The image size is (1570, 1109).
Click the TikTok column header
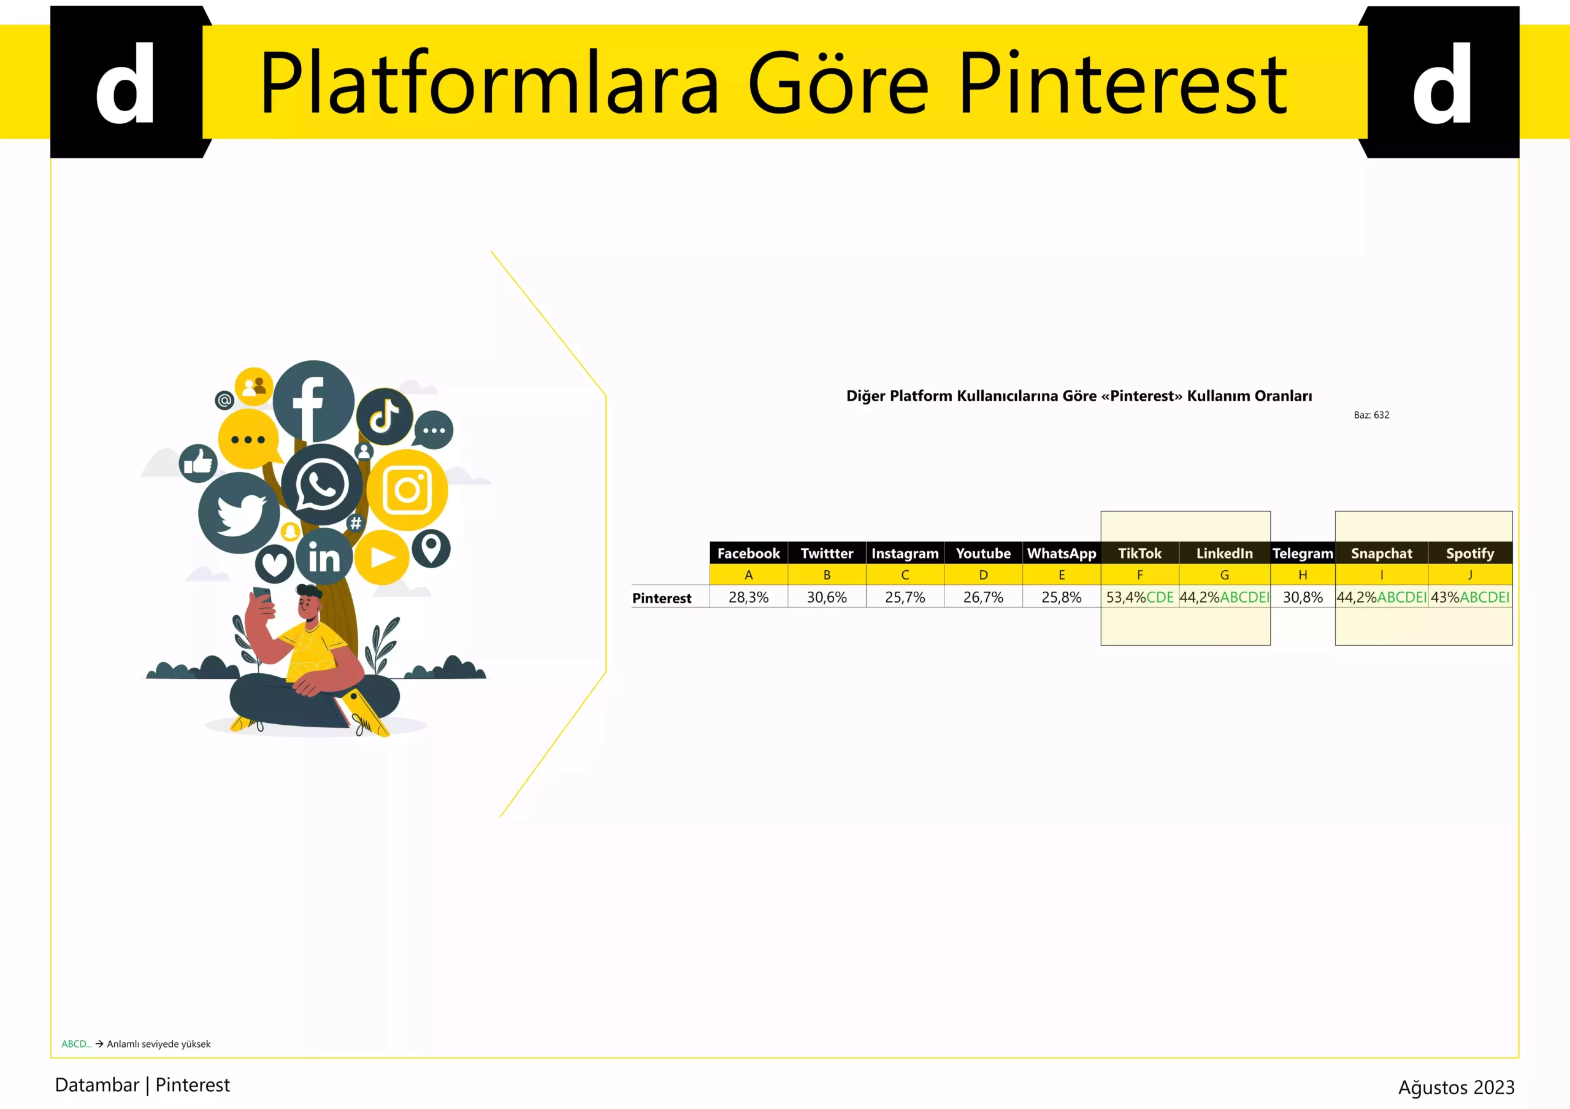coord(1139,553)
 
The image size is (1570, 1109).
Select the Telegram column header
coord(1303,553)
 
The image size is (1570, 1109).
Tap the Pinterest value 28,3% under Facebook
coord(748,597)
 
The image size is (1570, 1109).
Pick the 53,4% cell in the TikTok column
coord(1140,597)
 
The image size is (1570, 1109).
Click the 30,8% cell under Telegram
coord(1303,597)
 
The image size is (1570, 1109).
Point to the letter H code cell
coord(1303,574)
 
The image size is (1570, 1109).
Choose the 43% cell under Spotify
coord(1470,597)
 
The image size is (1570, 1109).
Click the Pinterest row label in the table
coord(661,598)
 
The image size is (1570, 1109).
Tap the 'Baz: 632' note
coord(1371,415)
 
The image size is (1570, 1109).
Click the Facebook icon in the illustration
coord(313,401)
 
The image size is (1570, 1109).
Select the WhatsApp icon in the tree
coord(321,484)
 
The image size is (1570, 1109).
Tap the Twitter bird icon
coord(239,512)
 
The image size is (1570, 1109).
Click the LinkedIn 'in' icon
coord(324,557)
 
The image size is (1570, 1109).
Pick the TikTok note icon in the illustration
coord(385,415)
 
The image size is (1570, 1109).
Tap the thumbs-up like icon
coord(198,463)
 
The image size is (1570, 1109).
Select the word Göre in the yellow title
coord(838,83)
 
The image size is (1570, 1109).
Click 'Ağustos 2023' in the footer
coord(1456,1087)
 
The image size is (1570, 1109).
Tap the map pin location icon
coord(431,548)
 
